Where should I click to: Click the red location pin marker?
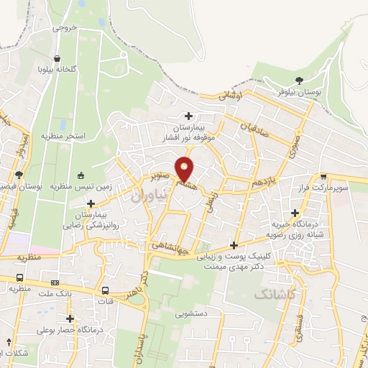pyautogui.click(x=185, y=169)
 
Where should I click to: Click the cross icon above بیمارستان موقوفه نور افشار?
pyautogui.click(x=189, y=116)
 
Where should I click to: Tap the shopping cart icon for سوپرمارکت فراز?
pyautogui.click(x=323, y=176)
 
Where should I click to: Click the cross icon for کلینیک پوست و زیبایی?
pyautogui.click(x=234, y=244)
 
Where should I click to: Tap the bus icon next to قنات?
pyautogui.click(x=106, y=291)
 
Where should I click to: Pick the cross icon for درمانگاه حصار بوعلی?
pyautogui.click(x=70, y=317)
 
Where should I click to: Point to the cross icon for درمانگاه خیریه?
pyautogui.click(x=295, y=212)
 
